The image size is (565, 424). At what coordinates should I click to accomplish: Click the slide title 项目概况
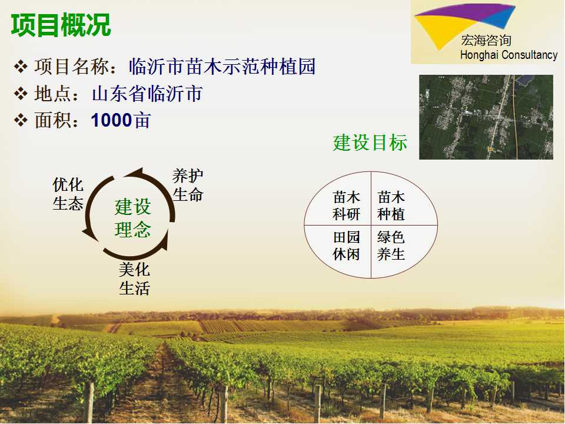[x=61, y=25]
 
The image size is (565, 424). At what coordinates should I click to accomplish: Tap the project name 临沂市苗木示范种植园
[x=222, y=67]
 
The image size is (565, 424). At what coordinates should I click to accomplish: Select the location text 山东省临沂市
[x=147, y=94]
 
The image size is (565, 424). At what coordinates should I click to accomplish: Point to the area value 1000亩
[x=121, y=120]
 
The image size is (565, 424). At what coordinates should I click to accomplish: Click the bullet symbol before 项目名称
[x=21, y=67]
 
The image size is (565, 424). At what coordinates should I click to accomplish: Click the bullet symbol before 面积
[x=21, y=120]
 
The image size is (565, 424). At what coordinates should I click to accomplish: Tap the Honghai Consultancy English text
[x=508, y=55]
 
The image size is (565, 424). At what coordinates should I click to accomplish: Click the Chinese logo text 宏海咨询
[x=486, y=41]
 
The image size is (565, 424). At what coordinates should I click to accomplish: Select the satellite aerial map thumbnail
[x=486, y=117]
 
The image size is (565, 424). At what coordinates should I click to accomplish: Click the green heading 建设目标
[x=370, y=143]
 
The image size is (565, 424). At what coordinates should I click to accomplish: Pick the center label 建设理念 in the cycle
[x=132, y=218]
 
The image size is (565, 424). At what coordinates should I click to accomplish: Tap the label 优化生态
[x=68, y=194]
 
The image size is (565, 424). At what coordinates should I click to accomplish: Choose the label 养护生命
[x=188, y=185]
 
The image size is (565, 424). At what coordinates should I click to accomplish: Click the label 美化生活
[x=134, y=279]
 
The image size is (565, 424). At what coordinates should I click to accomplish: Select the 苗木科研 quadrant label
[x=346, y=206]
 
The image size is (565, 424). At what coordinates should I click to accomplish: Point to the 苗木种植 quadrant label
[x=391, y=206]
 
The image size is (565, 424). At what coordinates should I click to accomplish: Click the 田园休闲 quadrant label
[x=346, y=246]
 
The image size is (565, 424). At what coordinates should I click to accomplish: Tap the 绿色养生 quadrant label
[x=391, y=246]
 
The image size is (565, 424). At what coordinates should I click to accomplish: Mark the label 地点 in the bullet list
[x=52, y=94]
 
